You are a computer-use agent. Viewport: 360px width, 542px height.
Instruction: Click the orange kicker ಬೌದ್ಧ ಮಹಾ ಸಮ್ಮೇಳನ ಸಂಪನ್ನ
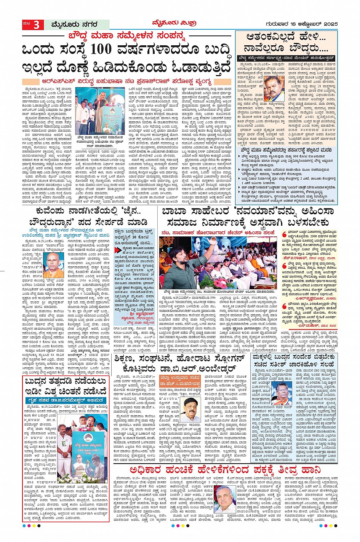pos(126,37)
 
